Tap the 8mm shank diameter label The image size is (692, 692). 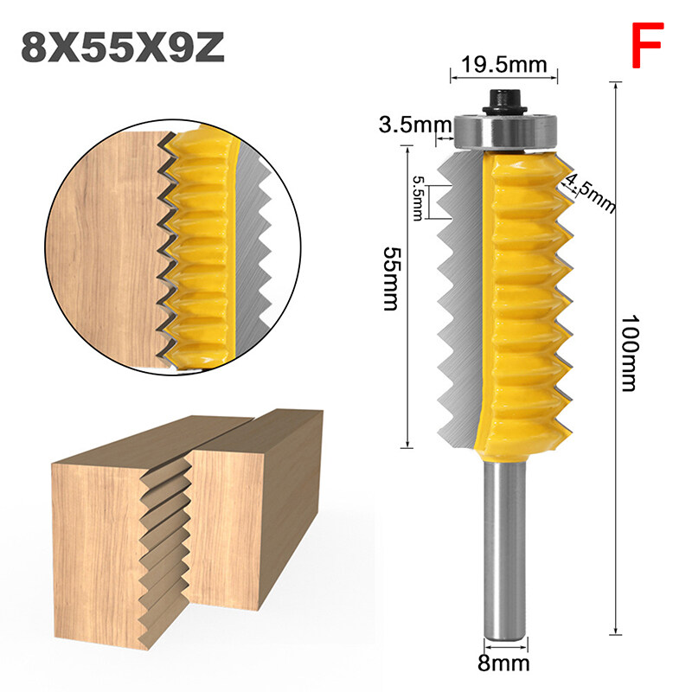504,667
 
